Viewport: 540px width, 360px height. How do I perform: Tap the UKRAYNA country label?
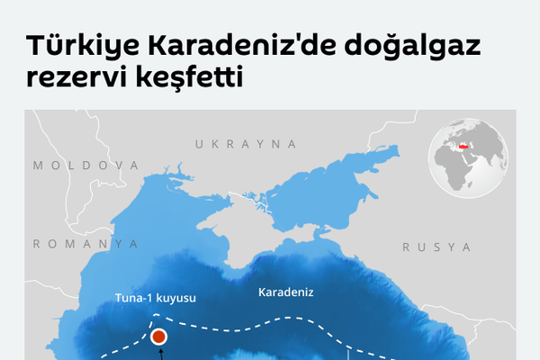tap(246, 144)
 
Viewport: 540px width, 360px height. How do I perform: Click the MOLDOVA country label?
tap(85, 166)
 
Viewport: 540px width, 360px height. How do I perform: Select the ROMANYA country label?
tap(85, 244)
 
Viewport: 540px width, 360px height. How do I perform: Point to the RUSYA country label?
tap(436, 247)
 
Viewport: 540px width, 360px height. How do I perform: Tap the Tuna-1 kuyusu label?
tap(156, 297)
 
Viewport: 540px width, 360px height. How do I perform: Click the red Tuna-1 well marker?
tap(159, 337)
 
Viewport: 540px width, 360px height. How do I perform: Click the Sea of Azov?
tap(306, 196)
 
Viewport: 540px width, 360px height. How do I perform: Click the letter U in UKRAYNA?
tap(199, 144)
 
